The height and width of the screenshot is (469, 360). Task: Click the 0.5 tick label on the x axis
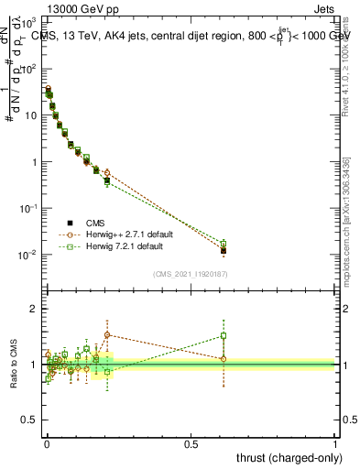(191, 444)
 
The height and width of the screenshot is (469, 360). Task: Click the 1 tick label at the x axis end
(335, 444)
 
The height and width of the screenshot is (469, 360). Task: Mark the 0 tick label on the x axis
(47, 444)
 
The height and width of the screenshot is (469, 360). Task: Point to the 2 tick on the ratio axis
(34, 309)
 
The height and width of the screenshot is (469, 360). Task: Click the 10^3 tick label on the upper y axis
(28, 21)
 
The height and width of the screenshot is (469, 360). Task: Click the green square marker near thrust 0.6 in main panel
(224, 244)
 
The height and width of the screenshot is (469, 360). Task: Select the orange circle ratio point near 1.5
(107, 334)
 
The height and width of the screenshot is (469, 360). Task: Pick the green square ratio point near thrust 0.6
(224, 335)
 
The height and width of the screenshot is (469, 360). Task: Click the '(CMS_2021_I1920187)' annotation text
(190, 274)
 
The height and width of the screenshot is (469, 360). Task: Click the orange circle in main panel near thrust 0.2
(107, 172)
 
